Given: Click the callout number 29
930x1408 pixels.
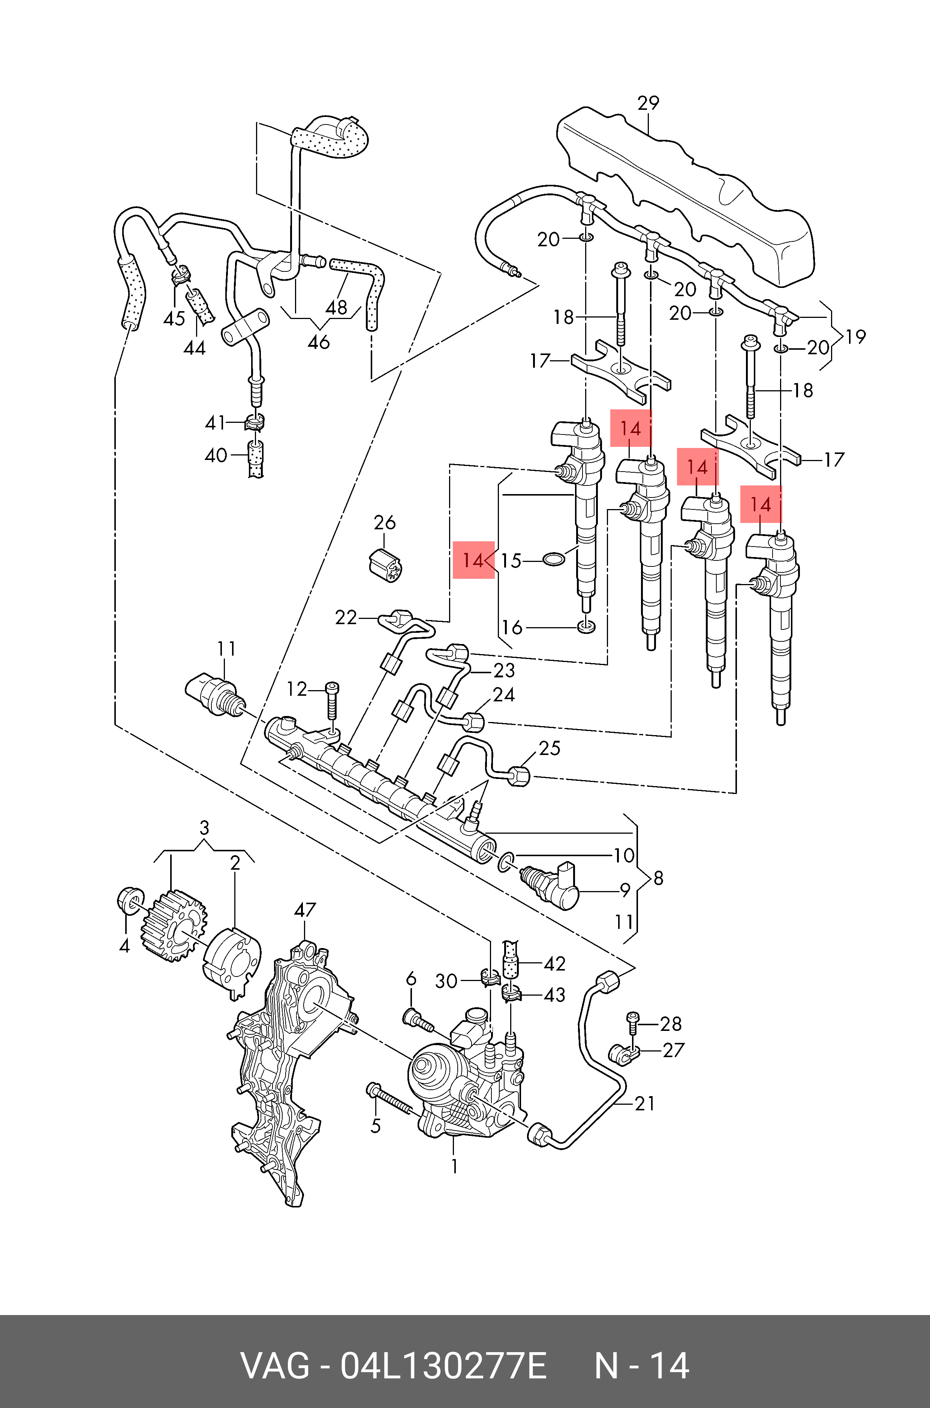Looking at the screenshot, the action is click(x=648, y=103).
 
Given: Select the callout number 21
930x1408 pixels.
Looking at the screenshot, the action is click(x=645, y=1103).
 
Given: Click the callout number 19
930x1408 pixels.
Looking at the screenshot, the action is click(x=856, y=337).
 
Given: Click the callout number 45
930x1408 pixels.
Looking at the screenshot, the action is click(x=174, y=319).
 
